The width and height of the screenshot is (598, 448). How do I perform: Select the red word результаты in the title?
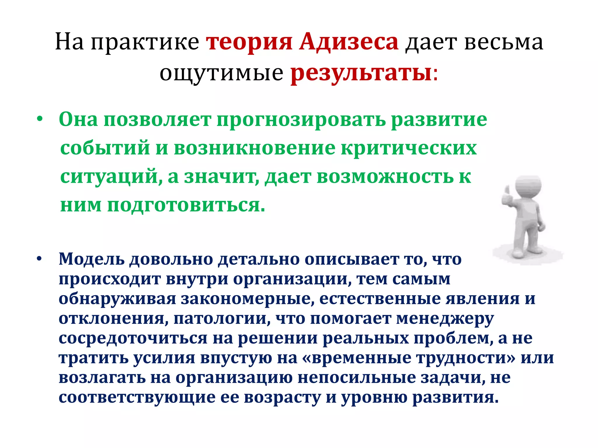pos(361,73)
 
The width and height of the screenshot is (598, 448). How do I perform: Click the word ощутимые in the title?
pos(221,73)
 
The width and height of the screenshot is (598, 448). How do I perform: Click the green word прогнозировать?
pos(301,120)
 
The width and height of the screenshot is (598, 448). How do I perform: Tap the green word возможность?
pos(385,177)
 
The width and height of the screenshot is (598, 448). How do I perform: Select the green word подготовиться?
pos(186,205)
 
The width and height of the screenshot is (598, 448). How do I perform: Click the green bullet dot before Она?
pos(40,119)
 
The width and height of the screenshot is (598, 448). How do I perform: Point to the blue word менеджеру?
pos(445,318)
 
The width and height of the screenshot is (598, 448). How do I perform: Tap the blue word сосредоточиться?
pos(133,338)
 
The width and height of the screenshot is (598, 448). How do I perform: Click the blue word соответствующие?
pos(137,398)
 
